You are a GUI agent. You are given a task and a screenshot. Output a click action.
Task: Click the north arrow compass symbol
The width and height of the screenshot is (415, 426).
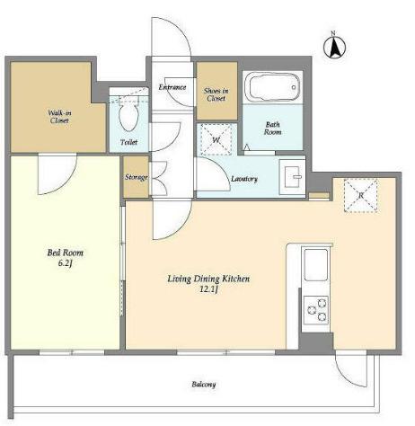pyautogui.click(x=334, y=47)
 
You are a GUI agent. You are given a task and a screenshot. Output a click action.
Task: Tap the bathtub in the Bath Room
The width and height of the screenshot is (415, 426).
pyautogui.click(x=272, y=87)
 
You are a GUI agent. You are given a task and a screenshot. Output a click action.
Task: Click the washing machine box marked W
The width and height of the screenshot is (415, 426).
pyautogui.click(x=216, y=139)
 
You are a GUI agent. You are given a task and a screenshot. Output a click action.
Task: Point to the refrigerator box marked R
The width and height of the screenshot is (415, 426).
pyautogui.click(x=360, y=195)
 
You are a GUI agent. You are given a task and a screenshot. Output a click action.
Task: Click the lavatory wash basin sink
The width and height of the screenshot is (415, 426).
pyautogui.click(x=292, y=177)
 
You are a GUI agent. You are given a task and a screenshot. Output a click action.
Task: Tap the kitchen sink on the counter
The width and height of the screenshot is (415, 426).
pyautogui.click(x=315, y=265)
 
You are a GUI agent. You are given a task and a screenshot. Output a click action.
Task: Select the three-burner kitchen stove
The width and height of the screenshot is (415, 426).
pyautogui.click(x=316, y=310)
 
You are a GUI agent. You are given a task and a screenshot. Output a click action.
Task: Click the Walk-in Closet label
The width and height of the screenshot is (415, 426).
pyautogui.click(x=59, y=117)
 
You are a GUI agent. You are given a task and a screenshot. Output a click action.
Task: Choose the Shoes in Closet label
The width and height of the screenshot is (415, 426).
pyautogui.click(x=216, y=94)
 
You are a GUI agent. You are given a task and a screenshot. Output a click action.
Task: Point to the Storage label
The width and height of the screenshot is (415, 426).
pyautogui.click(x=137, y=177)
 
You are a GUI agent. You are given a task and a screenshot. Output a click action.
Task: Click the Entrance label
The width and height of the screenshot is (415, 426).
pyautogui.click(x=172, y=87)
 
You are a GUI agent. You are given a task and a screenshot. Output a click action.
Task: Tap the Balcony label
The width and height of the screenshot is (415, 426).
pyautogui.click(x=204, y=385)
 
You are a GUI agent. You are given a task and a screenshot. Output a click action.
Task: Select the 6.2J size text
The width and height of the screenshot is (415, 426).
pyautogui.click(x=66, y=263)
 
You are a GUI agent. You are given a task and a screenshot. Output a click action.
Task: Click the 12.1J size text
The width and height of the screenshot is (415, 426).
pyautogui.click(x=208, y=289)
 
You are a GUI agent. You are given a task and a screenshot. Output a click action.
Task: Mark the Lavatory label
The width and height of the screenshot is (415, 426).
pyautogui.click(x=244, y=179)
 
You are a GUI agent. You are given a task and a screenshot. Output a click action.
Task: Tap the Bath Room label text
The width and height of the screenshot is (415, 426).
pyautogui.click(x=272, y=129)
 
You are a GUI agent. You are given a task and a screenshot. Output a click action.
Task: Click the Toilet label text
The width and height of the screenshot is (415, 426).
pyautogui.click(x=128, y=142)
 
